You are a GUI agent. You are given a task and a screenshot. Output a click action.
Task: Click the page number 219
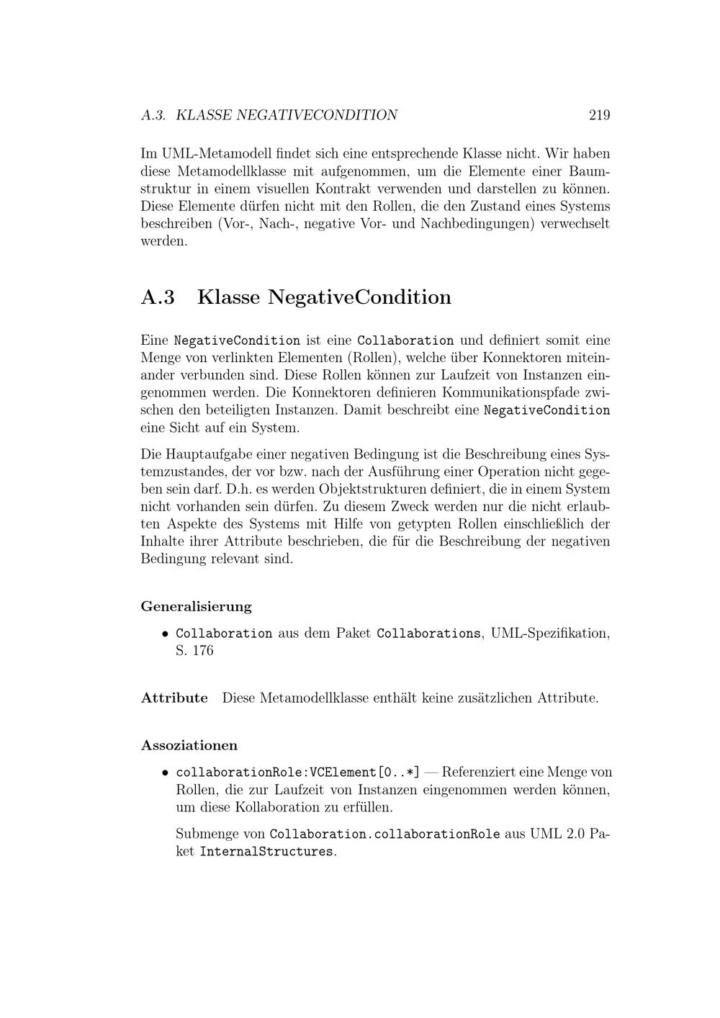click(599, 115)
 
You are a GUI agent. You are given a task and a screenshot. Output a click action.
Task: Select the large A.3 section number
click(158, 297)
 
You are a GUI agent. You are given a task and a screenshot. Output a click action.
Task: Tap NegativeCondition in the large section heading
click(359, 297)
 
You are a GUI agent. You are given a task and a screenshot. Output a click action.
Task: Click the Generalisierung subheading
click(197, 606)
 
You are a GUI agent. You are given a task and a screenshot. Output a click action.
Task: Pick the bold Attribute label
click(174, 698)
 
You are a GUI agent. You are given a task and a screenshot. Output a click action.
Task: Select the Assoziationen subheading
click(189, 745)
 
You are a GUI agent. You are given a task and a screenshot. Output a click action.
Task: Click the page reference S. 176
click(194, 651)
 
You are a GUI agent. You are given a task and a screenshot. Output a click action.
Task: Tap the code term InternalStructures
click(267, 852)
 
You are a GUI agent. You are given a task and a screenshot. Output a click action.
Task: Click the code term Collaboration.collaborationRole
click(384, 834)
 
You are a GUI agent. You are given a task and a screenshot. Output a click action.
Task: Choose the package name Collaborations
click(429, 634)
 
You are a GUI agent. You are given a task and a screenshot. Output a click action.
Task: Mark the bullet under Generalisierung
click(165, 634)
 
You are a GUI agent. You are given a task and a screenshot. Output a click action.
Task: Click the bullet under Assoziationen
click(165, 772)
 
